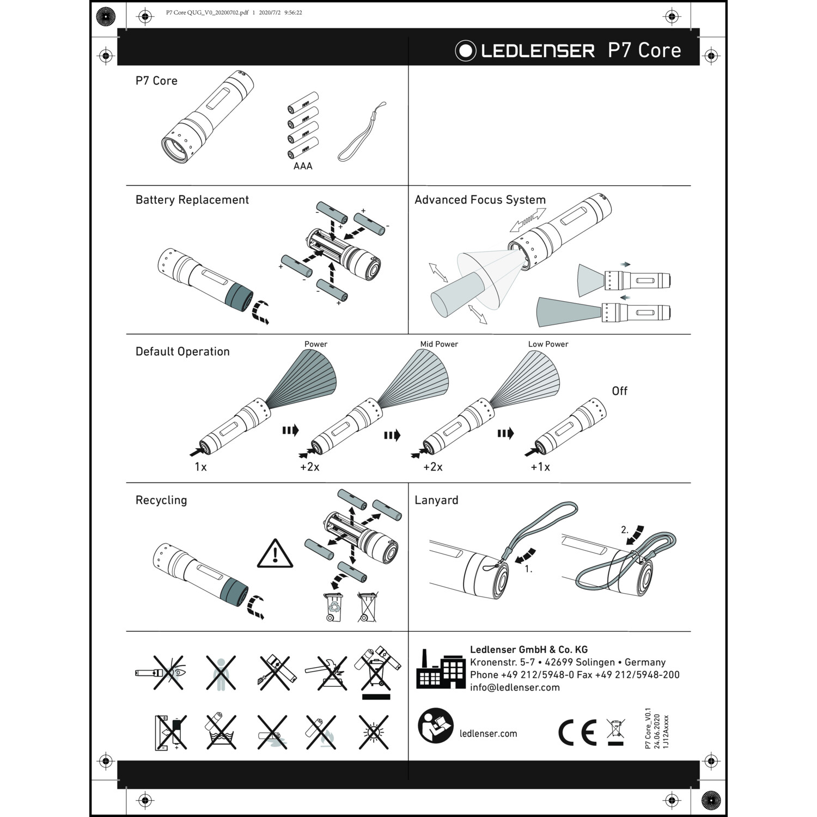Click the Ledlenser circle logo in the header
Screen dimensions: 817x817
pyautogui.click(x=466, y=51)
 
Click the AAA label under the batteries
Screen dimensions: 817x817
pyautogui.click(x=303, y=166)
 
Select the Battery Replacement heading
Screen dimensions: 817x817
pyautogui.click(x=192, y=200)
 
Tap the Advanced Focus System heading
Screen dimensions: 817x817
pyautogui.click(x=480, y=200)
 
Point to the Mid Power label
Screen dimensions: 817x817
pyautogui.click(x=439, y=344)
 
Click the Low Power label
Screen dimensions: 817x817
pyautogui.click(x=548, y=344)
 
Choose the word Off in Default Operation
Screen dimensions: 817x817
pyautogui.click(x=619, y=391)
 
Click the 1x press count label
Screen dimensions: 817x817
pyautogui.click(x=200, y=467)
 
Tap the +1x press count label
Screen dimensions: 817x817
pyautogui.click(x=540, y=467)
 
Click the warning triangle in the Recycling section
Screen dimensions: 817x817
pyautogui.click(x=275, y=554)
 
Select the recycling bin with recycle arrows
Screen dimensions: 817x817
pyautogui.click(x=334, y=607)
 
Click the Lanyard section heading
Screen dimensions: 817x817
pyautogui.click(x=436, y=500)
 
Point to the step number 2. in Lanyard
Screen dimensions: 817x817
pyautogui.click(x=625, y=529)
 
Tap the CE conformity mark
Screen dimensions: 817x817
pyautogui.click(x=577, y=733)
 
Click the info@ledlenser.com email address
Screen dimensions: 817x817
pyautogui.click(x=515, y=687)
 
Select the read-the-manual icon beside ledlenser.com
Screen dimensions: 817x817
pyautogui.click(x=436, y=725)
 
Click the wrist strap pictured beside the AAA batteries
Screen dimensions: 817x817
pyautogui.click(x=362, y=132)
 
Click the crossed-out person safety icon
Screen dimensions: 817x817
pyautogui.click(x=221, y=673)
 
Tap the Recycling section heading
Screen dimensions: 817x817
pyautogui.click(x=161, y=500)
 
